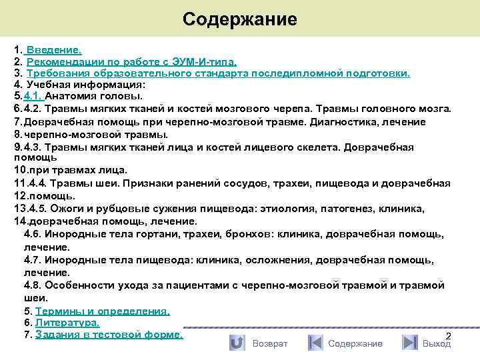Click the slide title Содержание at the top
[x=239, y=19]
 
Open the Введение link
[x=53, y=50]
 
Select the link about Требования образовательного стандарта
[x=218, y=73]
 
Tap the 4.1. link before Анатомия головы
[x=33, y=97]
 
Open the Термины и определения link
[x=102, y=311]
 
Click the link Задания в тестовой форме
[x=109, y=334]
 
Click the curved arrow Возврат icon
[x=236, y=343]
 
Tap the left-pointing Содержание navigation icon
[x=315, y=343]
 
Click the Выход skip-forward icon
[x=410, y=343]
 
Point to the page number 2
[x=448, y=335]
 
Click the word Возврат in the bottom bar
[x=270, y=343]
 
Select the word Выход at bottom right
[x=437, y=343]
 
